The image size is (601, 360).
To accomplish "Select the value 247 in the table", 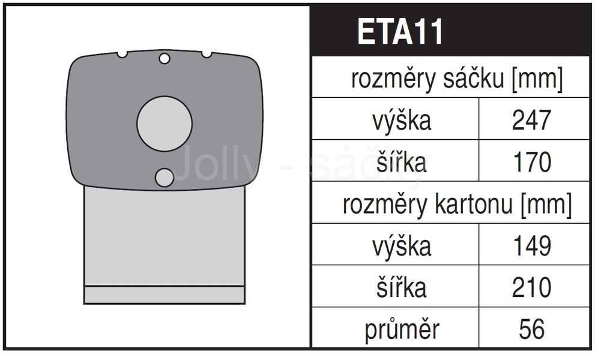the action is tap(531, 120).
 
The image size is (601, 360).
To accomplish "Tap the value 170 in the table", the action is tap(532, 162).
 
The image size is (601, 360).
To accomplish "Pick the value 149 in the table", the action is tap(532, 245).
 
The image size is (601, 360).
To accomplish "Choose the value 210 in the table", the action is tap(531, 287).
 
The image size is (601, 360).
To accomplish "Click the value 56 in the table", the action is tap(531, 329).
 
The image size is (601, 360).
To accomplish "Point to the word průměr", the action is tap(402, 329).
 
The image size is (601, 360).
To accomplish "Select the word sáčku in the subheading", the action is tap(473, 79).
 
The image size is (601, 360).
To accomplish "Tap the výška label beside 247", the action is tap(402, 121).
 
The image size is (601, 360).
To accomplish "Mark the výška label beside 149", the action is tap(402, 246).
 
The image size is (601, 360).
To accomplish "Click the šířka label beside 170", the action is tap(401, 161).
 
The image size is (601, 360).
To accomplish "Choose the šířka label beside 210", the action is tap(401, 287).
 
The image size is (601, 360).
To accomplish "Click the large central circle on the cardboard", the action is tap(165, 124).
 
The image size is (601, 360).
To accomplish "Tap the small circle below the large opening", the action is tap(165, 178).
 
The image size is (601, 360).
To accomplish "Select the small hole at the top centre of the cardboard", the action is tap(165, 59).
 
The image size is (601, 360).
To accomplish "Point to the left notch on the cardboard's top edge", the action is tap(122, 55).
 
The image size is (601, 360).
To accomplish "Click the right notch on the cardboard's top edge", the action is tap(207, 55).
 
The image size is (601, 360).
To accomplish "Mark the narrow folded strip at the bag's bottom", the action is tap(165, 295).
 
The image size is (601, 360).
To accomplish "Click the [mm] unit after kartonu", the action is tap(546, 204).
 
